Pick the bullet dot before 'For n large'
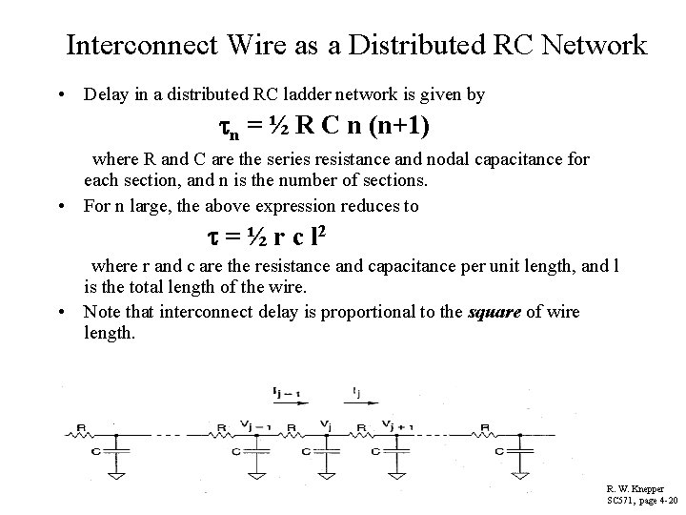click(x=61, y=205)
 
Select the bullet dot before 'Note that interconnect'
click(x=61, y=313)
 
